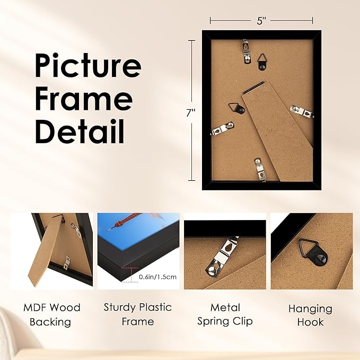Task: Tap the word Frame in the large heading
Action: coord(83,100)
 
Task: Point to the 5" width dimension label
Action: coord(261,21)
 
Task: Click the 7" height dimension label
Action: coord(191,112)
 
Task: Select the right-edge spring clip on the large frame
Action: coord(302,112)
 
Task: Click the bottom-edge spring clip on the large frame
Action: coord(258,169)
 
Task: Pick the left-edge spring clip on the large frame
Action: coord(222,128)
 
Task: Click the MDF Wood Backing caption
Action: coord(51,314)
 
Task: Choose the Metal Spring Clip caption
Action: coord(225,314)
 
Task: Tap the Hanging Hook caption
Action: coord(310,315)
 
